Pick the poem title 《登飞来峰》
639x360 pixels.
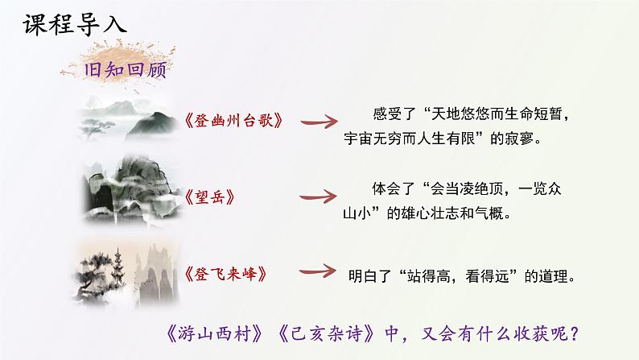click(225, 272)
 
